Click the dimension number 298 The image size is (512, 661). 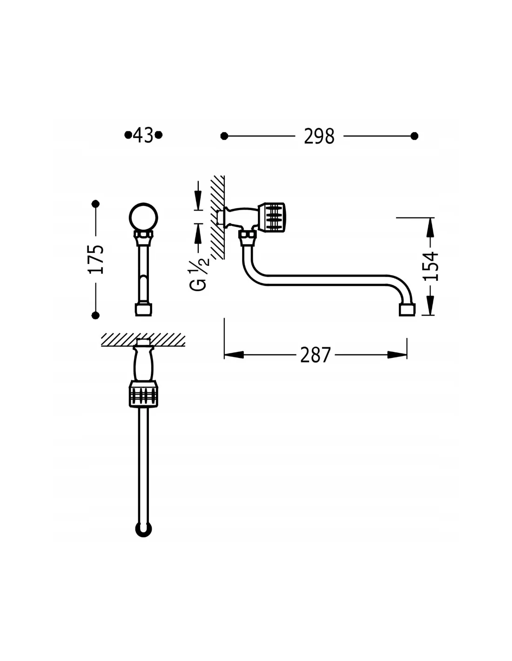[319, 136]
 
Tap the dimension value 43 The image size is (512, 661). [143, 135]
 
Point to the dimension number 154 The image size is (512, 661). [431, 266]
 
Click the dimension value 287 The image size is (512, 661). [315, 355]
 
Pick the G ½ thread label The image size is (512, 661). [199, 275]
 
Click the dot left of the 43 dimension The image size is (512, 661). [128, 135]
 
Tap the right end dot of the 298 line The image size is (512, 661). [414, 136]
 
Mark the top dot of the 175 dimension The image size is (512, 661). [95, 204]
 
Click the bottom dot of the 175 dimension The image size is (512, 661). [95, 316]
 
